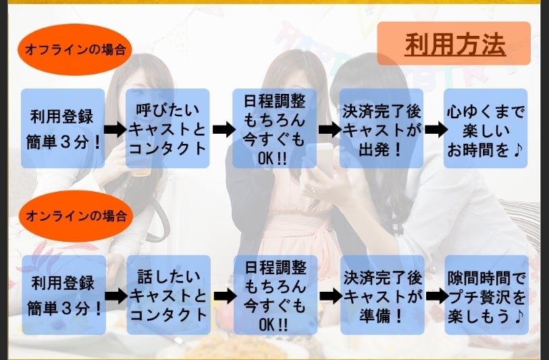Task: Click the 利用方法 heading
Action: point(455,44)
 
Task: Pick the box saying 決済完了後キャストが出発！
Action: point(382,128)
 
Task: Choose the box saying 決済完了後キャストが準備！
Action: point(383,294)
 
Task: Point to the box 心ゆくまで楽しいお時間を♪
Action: point(485,128)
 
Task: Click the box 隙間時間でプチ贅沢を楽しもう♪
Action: point(486,294)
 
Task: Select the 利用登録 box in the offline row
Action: point(63,128)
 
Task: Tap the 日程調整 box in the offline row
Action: point(274,128)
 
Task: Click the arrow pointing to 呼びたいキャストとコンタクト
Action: point(115,129)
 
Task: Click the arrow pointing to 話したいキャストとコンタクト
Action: point(116,295)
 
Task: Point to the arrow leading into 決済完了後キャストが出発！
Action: point(328,129)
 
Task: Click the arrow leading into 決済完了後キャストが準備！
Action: point(329,296)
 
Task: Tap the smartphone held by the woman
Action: point(323,163)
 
